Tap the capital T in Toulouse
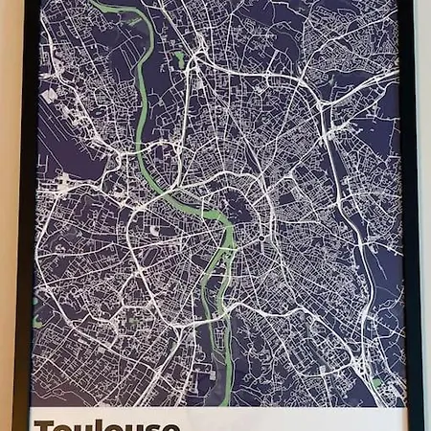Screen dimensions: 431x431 (x=44, y=424)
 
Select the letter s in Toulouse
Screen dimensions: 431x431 (x=148, y=425)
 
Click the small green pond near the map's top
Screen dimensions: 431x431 (x=179, y=59)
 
